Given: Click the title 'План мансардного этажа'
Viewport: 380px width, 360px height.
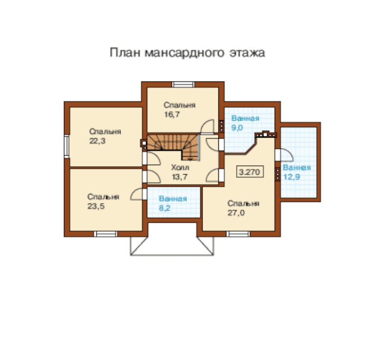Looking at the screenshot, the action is [187, 53].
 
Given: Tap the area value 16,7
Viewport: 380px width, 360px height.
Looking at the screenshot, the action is [172, 114].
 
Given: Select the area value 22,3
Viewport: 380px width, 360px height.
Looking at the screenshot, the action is [97, 141].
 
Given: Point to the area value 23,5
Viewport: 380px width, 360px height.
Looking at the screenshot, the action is [96, 206].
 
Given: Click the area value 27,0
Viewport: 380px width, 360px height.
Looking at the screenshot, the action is [236, 213].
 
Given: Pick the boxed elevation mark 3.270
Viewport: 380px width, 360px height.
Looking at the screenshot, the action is [249, 172].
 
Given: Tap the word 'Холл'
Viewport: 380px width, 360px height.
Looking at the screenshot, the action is [180, 167].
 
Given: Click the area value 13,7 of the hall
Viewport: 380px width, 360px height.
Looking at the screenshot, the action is [180, 177].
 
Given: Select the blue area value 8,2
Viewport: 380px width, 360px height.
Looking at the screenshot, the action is [164, 208].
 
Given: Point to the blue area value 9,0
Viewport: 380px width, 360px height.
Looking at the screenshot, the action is [237, 127].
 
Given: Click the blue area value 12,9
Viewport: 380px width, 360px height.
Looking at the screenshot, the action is [292, 176].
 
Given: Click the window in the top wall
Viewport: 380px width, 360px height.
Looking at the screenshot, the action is [183, 84].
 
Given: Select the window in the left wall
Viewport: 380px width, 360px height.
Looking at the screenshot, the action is [67, 147].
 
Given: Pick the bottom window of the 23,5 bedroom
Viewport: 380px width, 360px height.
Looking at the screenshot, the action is [105, 234].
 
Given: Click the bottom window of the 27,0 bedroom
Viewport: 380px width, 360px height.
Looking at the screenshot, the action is [238, 234].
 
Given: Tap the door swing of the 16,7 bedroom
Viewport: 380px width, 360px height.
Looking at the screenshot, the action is [208, 126].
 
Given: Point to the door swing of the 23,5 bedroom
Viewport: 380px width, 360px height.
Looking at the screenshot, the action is [136, 194].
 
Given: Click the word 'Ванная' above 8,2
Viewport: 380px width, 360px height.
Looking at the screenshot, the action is [173, 198].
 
